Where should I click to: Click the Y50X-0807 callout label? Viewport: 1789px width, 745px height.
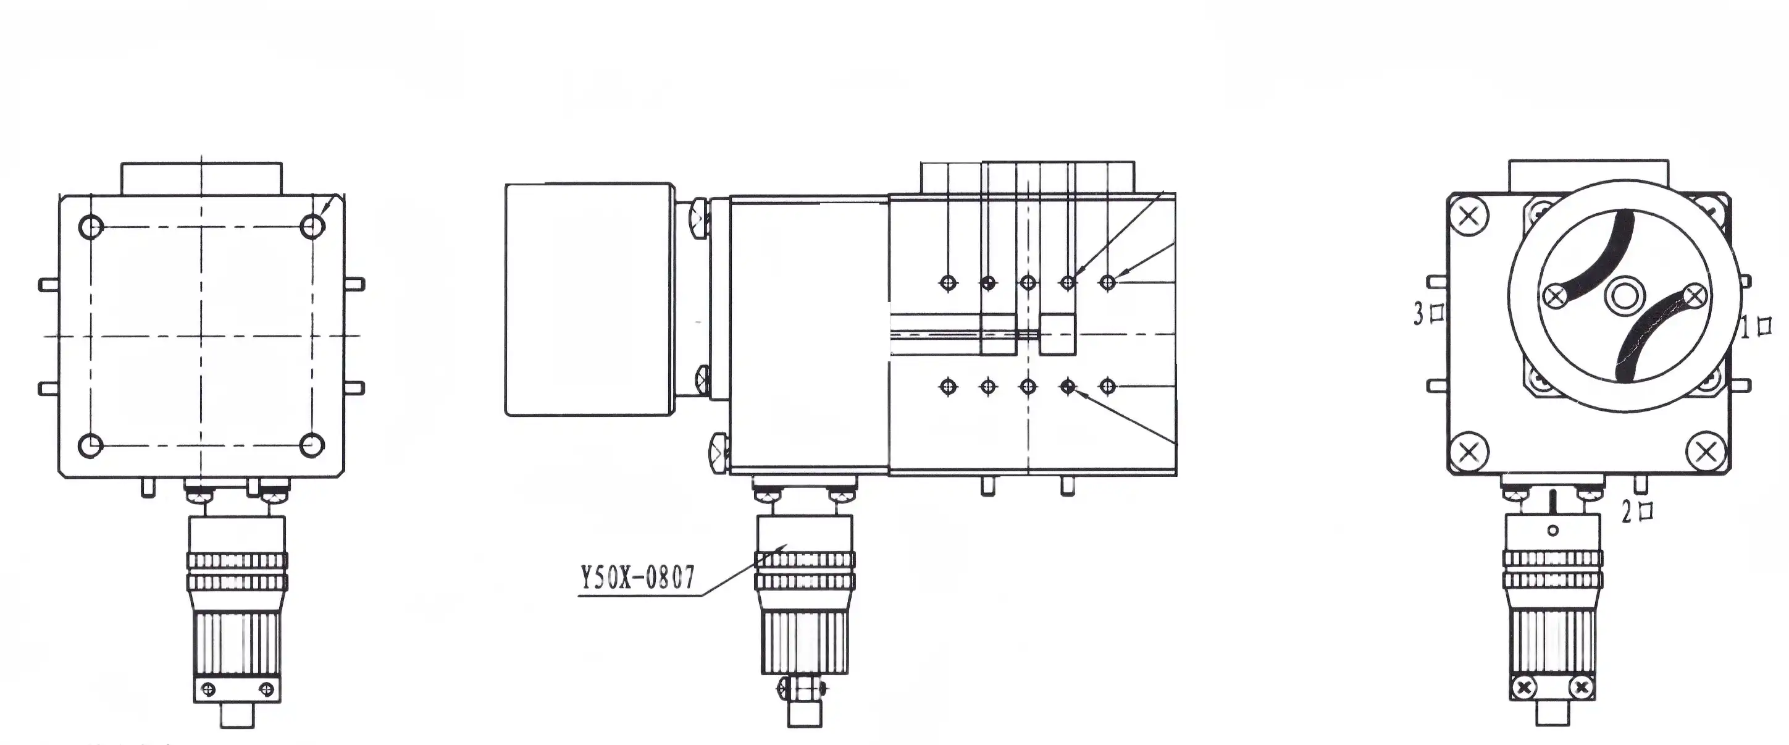click(x=637, y=577)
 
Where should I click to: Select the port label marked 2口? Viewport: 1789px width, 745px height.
click(x=1637, y=512)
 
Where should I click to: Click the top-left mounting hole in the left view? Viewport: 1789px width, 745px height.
click(x=91, y=227)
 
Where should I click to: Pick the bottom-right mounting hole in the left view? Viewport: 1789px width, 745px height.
click(x=312, y=445)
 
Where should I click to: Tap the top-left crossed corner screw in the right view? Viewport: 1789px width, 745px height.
click(x=1469, y=217)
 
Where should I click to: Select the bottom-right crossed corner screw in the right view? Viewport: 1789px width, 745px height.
click(x=1706, y=453)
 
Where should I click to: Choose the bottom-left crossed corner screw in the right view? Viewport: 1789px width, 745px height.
click(x=1469, y=452)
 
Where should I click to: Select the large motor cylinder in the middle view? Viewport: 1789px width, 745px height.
click(x=589, y=300)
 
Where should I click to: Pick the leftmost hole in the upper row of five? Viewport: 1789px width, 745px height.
click(x=948, y=283)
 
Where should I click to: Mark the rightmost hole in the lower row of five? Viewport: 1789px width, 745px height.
click(x=1108, y=387)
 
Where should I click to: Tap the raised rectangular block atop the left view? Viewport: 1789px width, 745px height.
click(x=201, y=179)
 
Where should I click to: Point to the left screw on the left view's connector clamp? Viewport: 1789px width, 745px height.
click(x=207, y=689)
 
